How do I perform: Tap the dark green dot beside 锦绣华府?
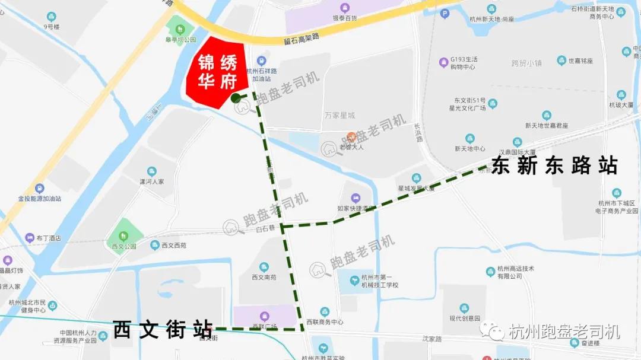(x=236, y=98)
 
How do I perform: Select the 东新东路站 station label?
(x=554, y=165)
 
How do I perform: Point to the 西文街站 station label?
(x=163, y=329)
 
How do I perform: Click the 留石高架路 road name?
(x=302, y=38)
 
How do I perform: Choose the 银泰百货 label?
(x=345, y=18)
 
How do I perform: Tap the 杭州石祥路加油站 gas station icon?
(x=261, y=60)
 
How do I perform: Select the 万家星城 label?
(x=339, y=114)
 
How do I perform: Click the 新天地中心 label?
(x=470, y=148)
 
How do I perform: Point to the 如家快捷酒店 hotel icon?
(x=356, y=197)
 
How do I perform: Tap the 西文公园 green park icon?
(x=123, y=228)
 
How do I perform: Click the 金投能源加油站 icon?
(x=39, y=188)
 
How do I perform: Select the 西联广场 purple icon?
(x=265, y=316)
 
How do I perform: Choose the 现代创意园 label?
(x=464, y=318)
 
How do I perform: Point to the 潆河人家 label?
(x=151, y=181)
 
